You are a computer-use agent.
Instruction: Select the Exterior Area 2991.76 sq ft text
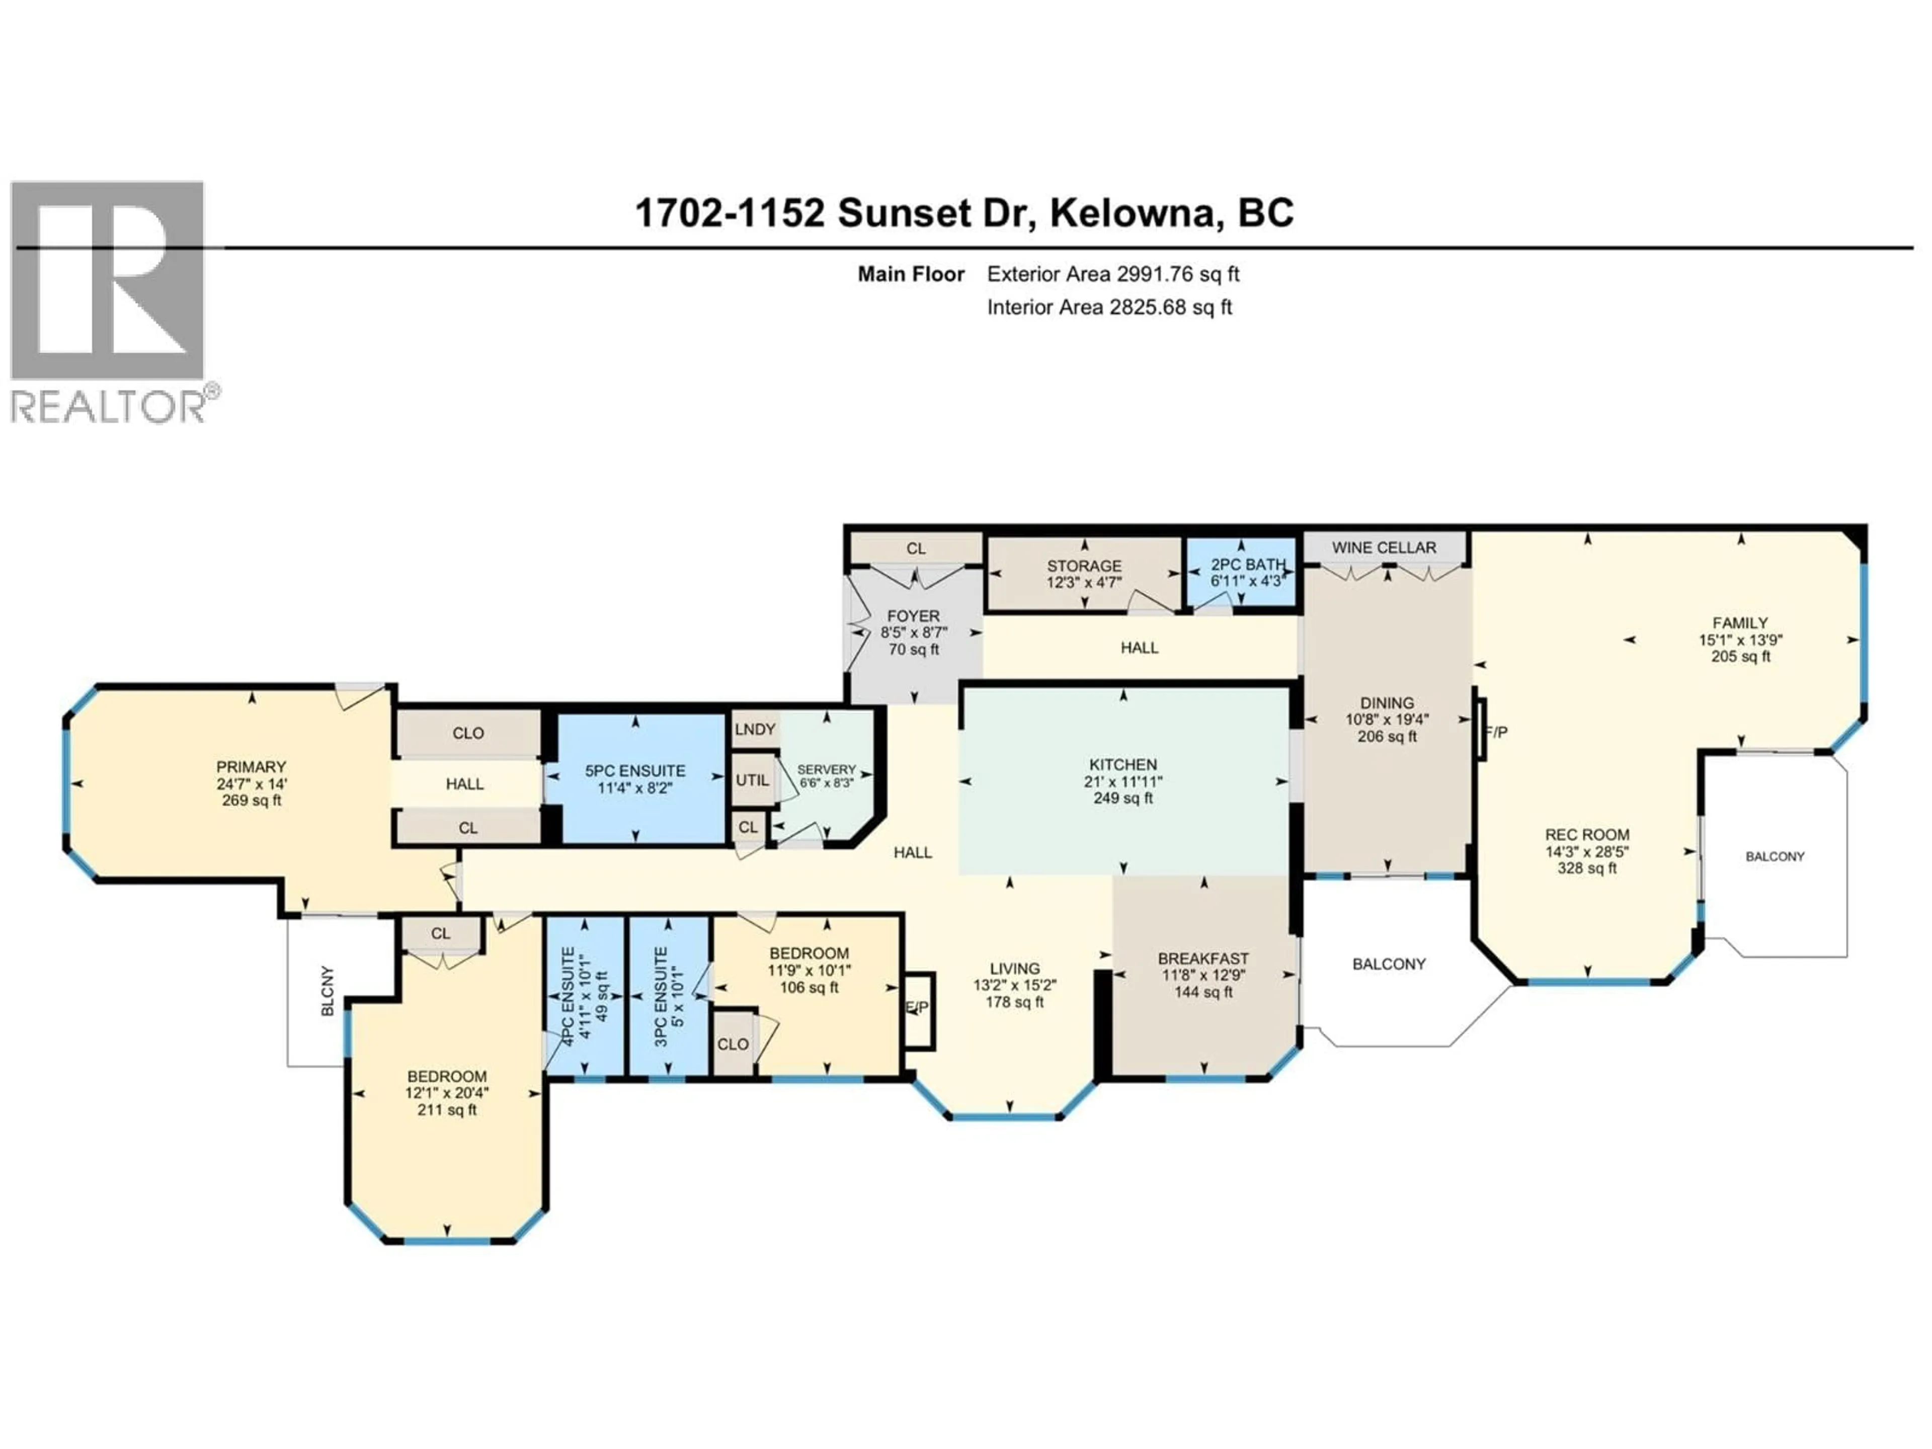1113,274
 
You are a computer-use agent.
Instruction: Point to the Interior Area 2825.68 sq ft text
1109,307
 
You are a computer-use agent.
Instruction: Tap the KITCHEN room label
1122,764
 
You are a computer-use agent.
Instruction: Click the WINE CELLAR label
1384,547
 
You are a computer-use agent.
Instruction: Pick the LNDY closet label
755,730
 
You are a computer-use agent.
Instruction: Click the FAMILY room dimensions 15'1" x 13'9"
1740,639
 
